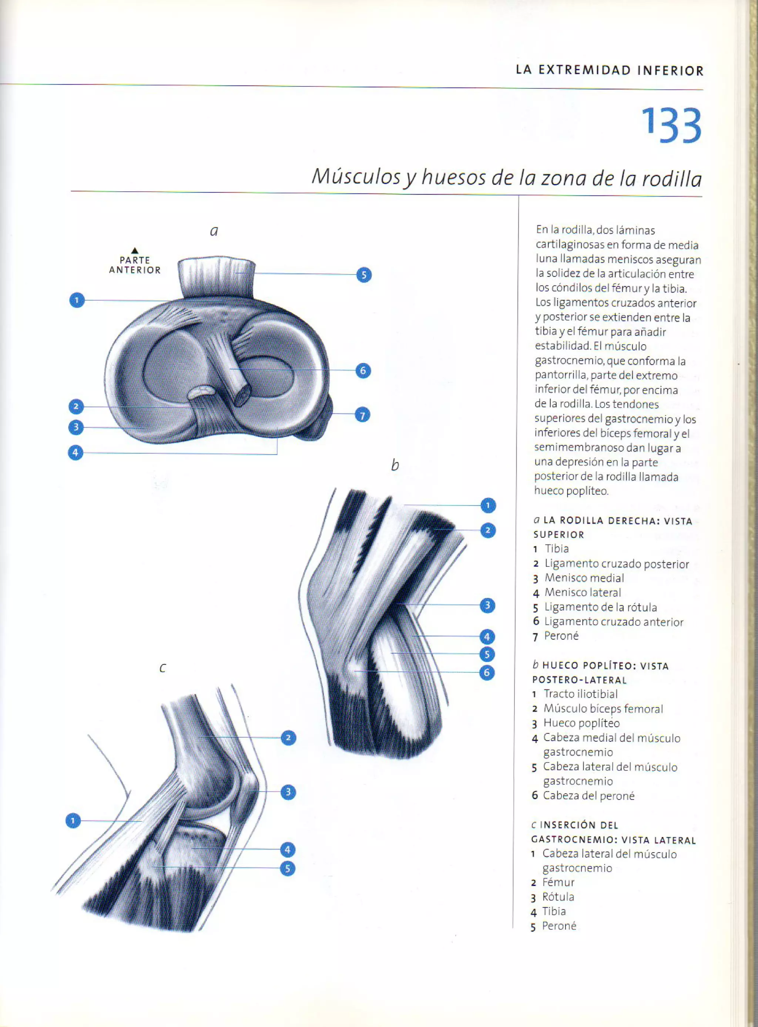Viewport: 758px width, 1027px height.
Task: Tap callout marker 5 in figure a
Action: tap(364, 275)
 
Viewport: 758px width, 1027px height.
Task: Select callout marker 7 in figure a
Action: tap(362, 415)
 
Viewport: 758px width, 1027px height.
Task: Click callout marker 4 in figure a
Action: tap(76, 453)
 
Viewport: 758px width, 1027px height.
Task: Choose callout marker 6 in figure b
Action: tap(487, 673)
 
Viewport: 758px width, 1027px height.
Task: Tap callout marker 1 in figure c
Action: tap(73, 821)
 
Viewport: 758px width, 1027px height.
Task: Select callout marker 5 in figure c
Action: tap(288, 868)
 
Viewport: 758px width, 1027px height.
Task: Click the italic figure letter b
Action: tap(395, 465)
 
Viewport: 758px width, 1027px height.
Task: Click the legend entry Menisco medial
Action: tap(584, 578)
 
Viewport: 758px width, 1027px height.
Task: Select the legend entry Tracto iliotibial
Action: tap(580, 694)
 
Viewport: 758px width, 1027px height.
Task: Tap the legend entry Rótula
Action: tap(558, 897)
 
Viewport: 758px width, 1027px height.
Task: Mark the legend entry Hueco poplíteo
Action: tap(581, 723)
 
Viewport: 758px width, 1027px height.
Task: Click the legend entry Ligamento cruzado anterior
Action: tap(613, 622)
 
